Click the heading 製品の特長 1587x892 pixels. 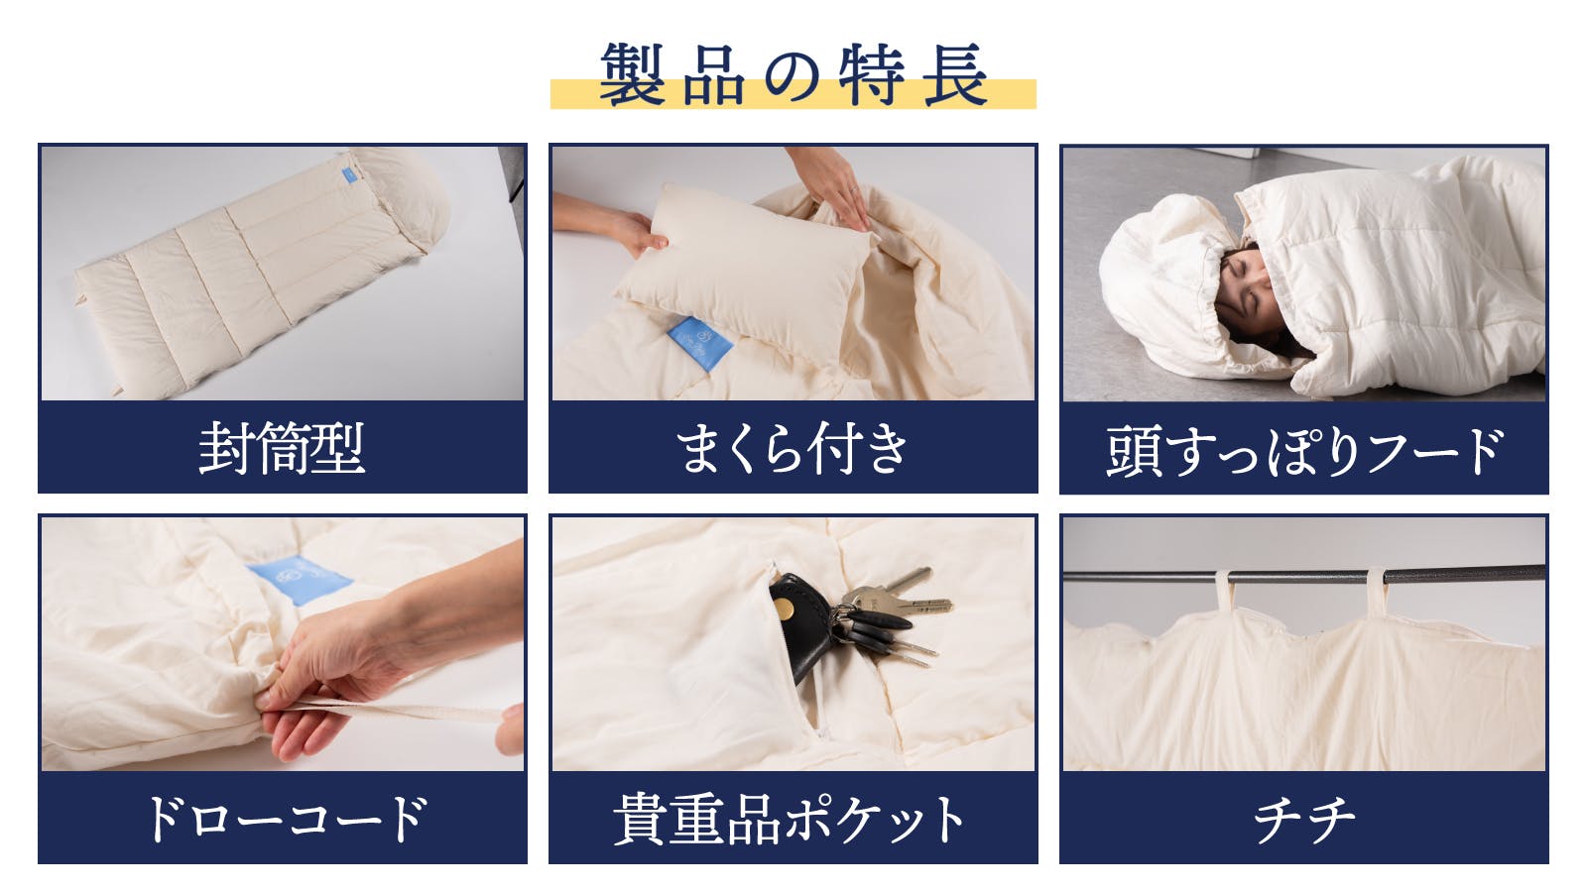(793, 73)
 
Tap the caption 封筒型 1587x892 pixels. (282, 448)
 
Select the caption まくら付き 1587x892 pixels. (793, 448)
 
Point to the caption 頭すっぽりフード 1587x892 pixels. (1303, 450)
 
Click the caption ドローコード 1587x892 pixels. (287, 819)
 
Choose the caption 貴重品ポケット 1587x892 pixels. (790, 819)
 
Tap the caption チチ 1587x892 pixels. (1303, 820)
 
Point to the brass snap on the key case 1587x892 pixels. (784, 609)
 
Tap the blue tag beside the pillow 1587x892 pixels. (700, 343)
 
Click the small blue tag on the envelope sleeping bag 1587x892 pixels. (348, 174)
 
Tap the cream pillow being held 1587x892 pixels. (745, 274)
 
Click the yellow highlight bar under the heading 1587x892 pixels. (793, 95)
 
